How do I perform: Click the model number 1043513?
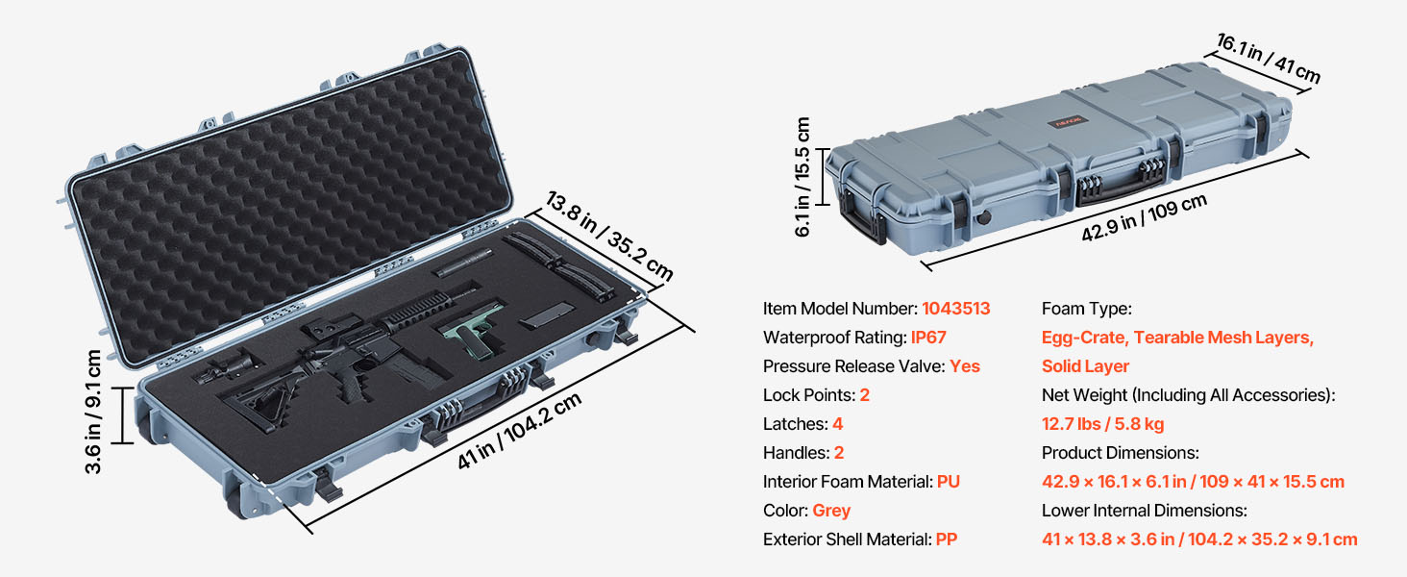click(955, 309)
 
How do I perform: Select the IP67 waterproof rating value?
click(928, 338)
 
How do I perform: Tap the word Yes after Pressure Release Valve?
click(964, 366)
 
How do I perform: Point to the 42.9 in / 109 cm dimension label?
click(1144, 217)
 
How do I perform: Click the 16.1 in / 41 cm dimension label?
click(1269, 58)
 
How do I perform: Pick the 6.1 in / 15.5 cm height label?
click(802, 177)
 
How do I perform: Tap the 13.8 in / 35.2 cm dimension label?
click(608, 236)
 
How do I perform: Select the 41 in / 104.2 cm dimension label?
click(520, 431)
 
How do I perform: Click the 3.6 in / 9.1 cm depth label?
click(93, 412)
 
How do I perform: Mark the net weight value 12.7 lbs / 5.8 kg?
click(1103, 424)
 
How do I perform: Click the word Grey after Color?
click(831, 511)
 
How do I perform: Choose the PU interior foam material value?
click(949, 482)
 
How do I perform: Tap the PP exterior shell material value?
click(947, 539)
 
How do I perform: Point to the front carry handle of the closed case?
click(1120, 183)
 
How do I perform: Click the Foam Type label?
click(1087, 309)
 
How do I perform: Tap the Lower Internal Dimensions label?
click(1145, 511)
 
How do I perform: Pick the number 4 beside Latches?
click(837, 424)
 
